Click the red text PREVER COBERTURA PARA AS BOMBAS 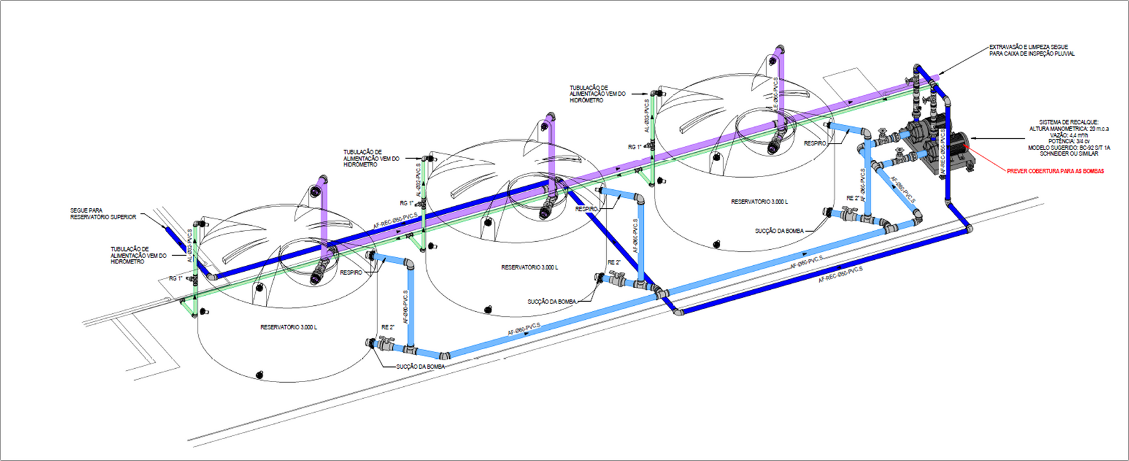(1055, 171)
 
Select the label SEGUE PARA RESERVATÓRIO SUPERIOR (103, 213)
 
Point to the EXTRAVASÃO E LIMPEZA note (1031, 50)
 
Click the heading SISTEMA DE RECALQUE (1068, 122)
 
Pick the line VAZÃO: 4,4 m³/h (1070, 135)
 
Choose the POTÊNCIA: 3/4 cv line (1069, 141)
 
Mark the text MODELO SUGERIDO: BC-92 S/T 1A (1069, 148)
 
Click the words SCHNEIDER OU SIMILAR (1068, 153)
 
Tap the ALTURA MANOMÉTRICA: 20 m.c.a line (1068, 129)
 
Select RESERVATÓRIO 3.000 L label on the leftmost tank (288, 327)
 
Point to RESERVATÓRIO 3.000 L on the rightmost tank (759, 202)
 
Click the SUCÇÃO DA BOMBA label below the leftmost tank (420, 366)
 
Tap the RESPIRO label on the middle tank (586, 209)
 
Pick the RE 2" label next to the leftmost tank (388, 327)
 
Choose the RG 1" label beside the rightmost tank (634, 147)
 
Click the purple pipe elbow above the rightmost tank (779, 51)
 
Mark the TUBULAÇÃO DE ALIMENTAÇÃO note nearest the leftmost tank (138, 255)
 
